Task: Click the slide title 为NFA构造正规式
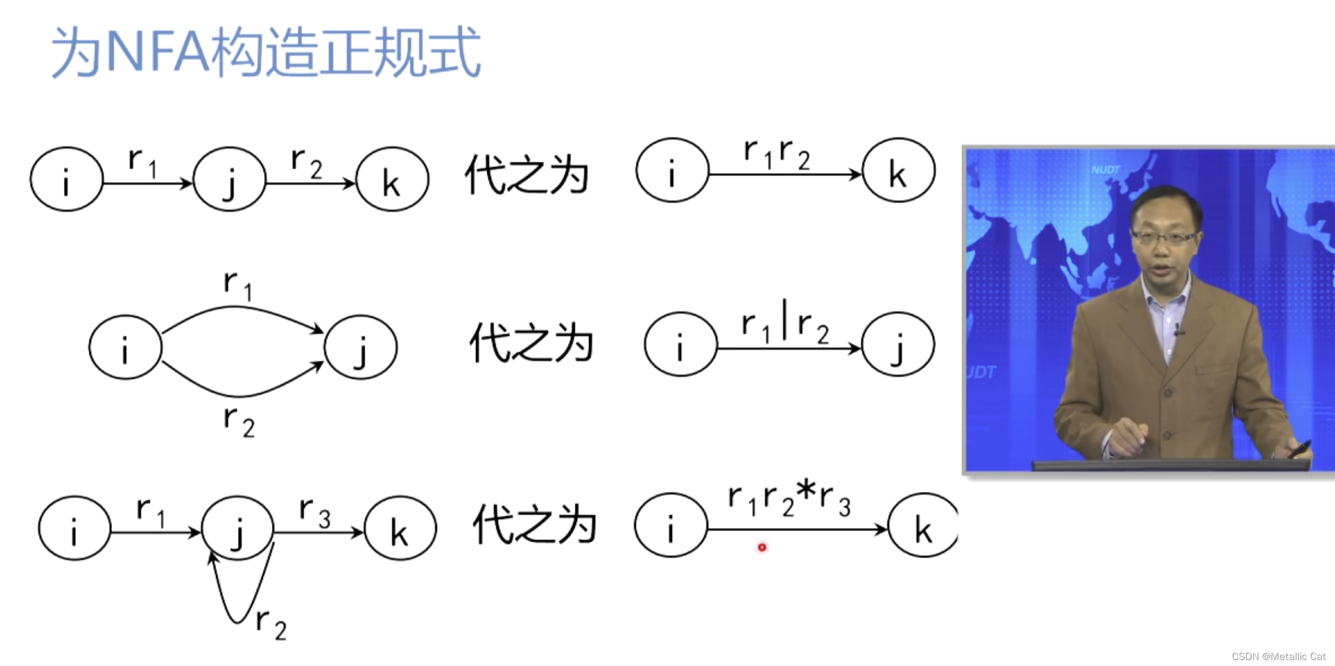pos(266,52)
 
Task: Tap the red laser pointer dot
pos(762,548)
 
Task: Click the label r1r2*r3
pos(789,499)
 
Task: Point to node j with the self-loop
pos(238,528)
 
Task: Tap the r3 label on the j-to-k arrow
pos(314,513)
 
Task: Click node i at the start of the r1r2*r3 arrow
pos(671,526)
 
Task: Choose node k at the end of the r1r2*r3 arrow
pos(922,526)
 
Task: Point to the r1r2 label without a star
pos(777,154)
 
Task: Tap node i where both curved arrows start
pos(125,348)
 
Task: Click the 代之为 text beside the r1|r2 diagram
pos(531,343)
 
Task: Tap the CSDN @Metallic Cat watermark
pos(1278,657)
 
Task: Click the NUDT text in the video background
pos(1105,170)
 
